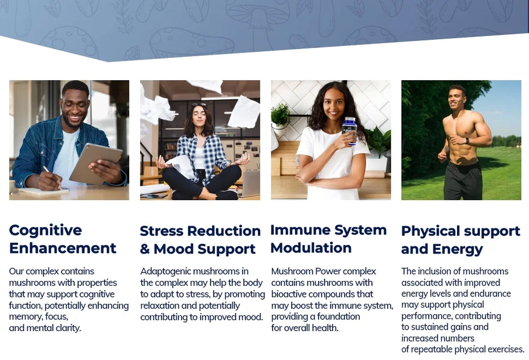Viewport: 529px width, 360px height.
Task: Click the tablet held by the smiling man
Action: pos(95,163)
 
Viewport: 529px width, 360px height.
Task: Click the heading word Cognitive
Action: pos(45,230)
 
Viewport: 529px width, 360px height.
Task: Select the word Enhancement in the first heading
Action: pos(63,248)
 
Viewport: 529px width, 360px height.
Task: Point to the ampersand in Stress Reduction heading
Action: pos(145,249)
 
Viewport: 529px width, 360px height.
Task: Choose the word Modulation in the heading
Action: pos(311,248)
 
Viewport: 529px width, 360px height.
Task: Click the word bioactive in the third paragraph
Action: pos(292,294)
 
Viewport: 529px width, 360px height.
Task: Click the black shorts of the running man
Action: pos(463,180)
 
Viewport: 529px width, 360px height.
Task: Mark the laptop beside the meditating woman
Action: pos(250,183)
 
